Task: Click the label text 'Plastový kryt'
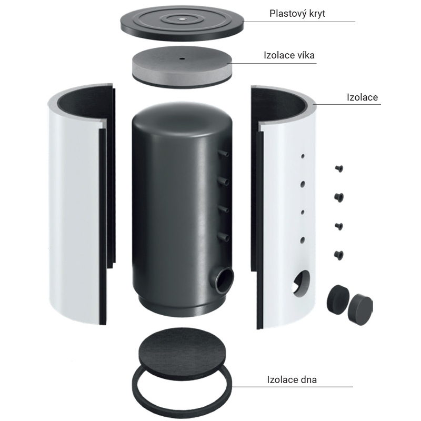coord(297,14)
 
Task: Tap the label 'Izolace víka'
coord(289,55)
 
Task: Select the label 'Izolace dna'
coord(292,379)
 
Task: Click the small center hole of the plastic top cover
coord(182,19)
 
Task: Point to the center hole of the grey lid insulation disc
coord(182,58)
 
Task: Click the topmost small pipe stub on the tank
coord(224,154)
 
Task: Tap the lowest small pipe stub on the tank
coord(224,237)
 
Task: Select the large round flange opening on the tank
coord(225,280)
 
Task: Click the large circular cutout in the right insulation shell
coord(301,284)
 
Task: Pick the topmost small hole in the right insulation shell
coord(303,156)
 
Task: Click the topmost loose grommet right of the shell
coord(339,168)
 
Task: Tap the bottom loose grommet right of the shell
coord(339,255)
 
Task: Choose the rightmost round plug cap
coord(360,309)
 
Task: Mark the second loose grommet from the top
coord(339,197)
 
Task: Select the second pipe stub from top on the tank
coord(224,182)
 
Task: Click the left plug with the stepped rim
coord(338,299)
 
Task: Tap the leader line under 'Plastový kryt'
coord(298,22)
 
